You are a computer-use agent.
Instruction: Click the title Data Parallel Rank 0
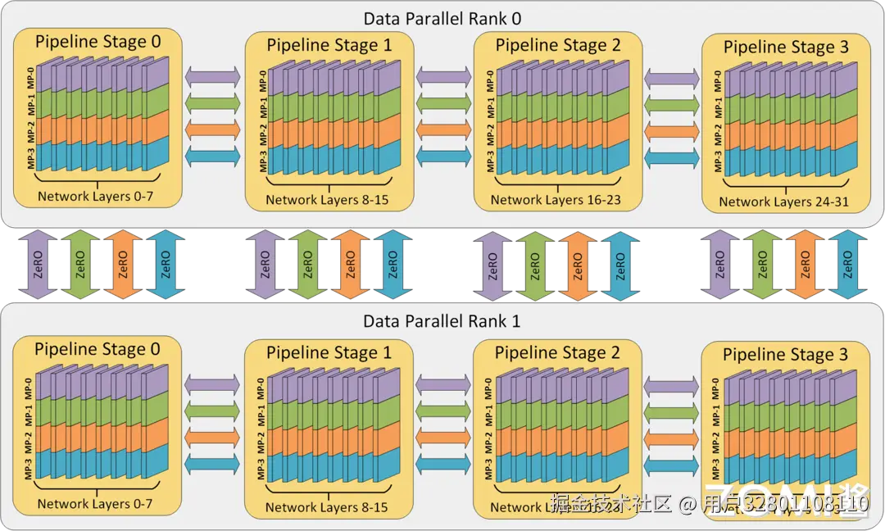pos(442,18)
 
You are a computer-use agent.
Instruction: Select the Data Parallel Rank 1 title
pos(442,321)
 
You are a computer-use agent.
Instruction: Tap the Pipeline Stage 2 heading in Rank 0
pos(558,45)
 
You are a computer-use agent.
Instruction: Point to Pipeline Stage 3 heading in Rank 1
pos(785,354)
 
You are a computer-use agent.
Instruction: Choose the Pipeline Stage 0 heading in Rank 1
pos(98,349)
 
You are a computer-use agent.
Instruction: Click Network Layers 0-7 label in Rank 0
pos(95,197)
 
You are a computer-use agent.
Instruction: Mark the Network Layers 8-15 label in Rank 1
pos(326,507)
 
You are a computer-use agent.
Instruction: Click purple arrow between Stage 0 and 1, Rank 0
pos(213,76)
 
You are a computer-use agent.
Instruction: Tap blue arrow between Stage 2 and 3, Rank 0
pos(672,157)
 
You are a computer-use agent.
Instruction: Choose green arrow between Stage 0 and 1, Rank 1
pos(213,409)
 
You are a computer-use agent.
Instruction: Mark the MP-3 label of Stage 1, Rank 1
pos(260,470)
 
